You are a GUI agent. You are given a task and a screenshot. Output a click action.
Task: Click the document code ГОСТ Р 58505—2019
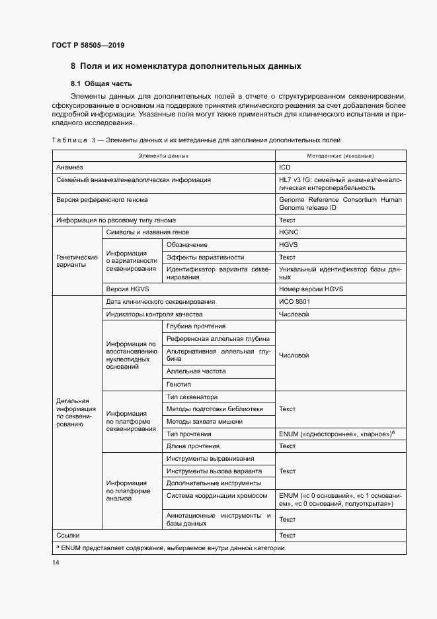(88, 45)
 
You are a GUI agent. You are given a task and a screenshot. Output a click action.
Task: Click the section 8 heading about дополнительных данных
(186, 66)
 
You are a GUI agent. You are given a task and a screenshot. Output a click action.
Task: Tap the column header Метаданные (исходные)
(340, 156)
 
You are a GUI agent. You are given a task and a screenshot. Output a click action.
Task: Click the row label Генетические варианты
(76, 260)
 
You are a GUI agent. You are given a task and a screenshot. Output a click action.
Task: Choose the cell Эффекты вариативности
(205, 257)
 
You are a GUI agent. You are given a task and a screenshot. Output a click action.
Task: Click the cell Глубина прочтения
(196, 326)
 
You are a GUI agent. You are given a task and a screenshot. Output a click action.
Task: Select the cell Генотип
(179, 384)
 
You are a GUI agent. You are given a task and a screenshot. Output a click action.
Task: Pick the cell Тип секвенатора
(192, 397)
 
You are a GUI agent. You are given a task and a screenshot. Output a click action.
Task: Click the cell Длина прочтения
(193, 446)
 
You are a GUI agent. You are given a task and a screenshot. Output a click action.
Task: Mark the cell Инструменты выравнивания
(210, 459)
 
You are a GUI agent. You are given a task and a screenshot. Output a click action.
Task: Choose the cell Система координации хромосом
(217, 495)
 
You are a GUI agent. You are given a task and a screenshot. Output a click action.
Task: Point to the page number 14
(56, 562)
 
